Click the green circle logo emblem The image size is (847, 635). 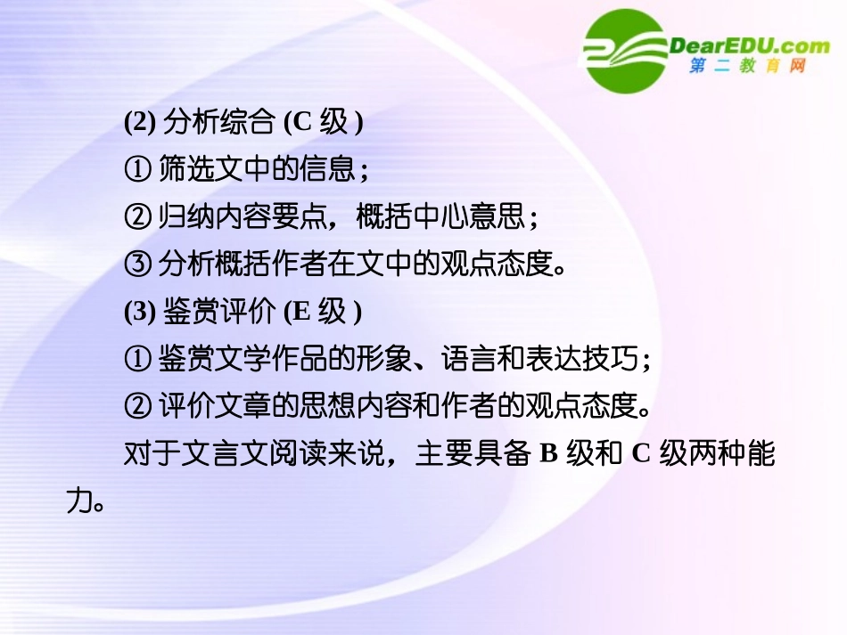[x=626, y=51]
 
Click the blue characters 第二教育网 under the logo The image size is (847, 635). [x=748, y=68]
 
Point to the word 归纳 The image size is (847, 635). [x=181, y=217]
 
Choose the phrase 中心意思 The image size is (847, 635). [x=481, y=217]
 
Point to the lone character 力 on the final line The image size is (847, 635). [x=78, y=501]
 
